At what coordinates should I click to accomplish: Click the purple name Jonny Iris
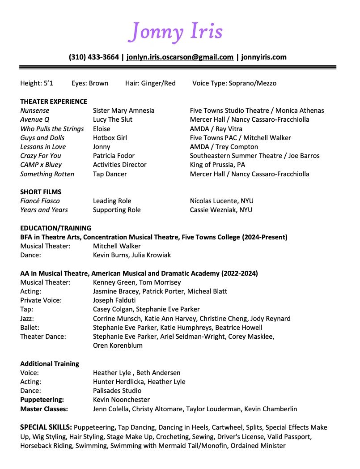(x=175, y=31)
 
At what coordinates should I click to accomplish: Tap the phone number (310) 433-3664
(x=94, y=57)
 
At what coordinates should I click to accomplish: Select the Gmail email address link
(x=180, y=57)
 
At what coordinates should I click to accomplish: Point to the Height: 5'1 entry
(x=37, y=83)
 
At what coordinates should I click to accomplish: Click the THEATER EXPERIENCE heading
(x=54, y=102)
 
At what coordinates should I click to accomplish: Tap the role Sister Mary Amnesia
(x=123, y=111)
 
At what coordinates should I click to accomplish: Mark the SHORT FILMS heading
(x=41, y=192)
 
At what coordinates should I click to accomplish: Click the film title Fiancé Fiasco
(x=40, y=201)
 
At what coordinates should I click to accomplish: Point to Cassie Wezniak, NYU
(x=221, y=210)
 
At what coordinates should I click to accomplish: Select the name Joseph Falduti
(x=114, y=300)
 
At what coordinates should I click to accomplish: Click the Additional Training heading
(x=50, y=364)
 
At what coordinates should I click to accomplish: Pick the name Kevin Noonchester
(x=121, y=400)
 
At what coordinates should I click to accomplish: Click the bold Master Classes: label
(x=44, y=409)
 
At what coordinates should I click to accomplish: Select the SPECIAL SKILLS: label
(x=46, y=427)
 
